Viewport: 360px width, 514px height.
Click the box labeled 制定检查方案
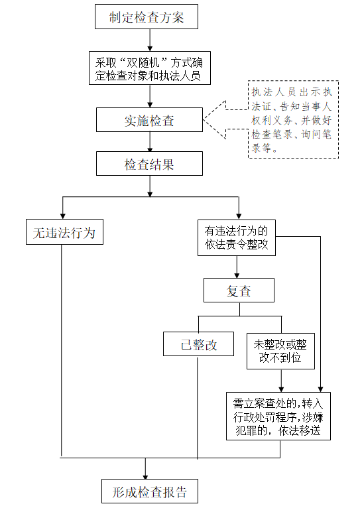click(x=147, y=17)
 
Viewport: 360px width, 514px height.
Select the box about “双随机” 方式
click(x=150, y=68)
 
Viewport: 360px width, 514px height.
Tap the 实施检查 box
click(x=149, y=120)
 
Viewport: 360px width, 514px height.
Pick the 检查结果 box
click(x=149, y=164)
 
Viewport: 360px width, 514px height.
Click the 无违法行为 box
click(x=64, y=232)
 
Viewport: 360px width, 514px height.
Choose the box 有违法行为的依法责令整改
click(x=237, y=238)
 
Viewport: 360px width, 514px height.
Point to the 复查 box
click(x=239, y=290)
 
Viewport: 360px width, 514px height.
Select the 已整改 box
click(x=198, y=344)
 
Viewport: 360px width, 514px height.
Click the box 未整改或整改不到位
click(x=280, y=352)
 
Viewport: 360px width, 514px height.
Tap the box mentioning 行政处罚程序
click(x=278, y=417)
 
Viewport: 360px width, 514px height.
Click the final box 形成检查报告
click(x=150, y=491)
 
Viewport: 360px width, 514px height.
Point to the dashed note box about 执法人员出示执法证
click(x=293, y=119)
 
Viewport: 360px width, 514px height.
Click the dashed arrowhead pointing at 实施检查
click(x=215, y=119)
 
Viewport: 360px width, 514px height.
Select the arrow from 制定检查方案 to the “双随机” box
click(x=150, y=40)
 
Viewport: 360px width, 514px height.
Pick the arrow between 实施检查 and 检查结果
click(x=150, y=142)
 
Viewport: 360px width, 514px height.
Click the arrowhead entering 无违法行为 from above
click(x=62, y=216)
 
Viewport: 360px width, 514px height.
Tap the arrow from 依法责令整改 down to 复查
click(x=237, y=267)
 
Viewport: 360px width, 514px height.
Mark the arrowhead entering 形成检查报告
click(x=145, y=477)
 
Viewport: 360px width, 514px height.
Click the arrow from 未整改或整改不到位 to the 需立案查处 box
click(x=281, y=381)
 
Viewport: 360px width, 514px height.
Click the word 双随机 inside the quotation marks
click(x=143, y=62)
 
